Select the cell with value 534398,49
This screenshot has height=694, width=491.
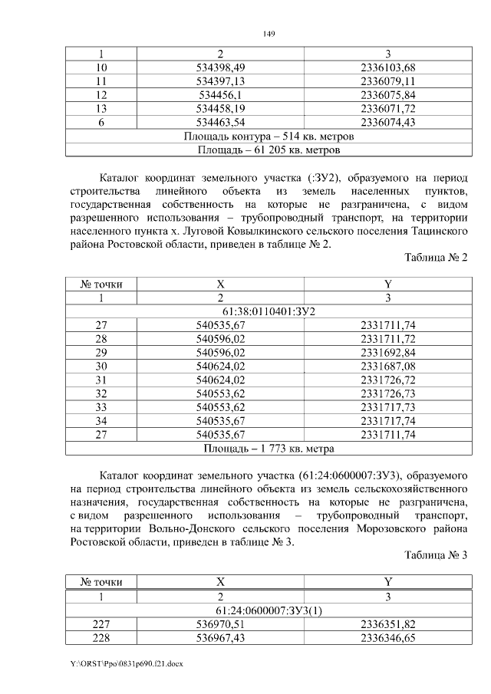point(220,67)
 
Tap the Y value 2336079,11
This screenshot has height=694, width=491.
point(387,81)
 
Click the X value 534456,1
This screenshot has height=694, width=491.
point(220,95)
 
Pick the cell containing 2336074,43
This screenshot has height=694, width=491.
point(387,123)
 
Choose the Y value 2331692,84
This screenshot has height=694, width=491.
point(387,353)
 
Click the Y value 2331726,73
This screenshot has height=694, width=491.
point(387,394)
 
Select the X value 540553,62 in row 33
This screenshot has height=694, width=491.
point(220,408)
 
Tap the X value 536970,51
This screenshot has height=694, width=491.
point(220,623)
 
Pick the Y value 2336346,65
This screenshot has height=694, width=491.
point(387,637)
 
